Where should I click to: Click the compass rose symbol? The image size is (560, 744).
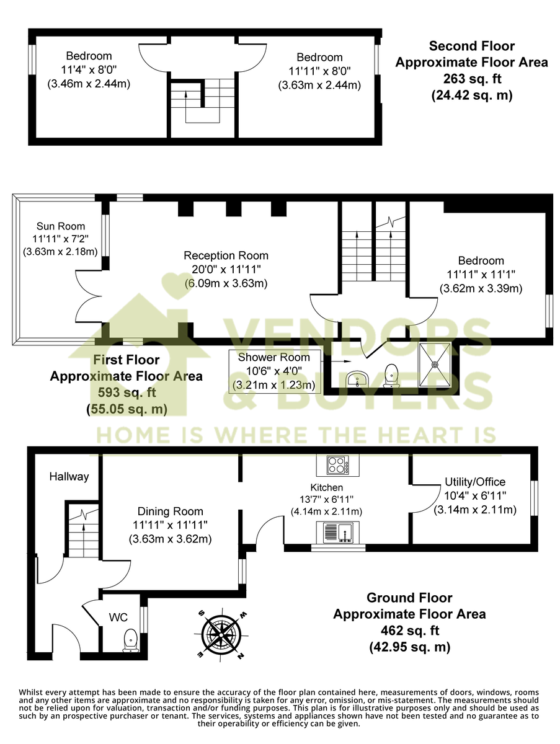click(223, 633)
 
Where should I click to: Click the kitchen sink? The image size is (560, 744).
click(337, 533)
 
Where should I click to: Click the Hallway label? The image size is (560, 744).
click(69, 477)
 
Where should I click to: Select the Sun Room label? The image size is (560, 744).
click(60, 226)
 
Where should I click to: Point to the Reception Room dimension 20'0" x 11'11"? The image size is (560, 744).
click(226, 270)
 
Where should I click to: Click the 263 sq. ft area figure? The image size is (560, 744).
click(471, 79)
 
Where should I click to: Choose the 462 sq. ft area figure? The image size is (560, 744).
click(409, 631)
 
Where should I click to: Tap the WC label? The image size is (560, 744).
click(118, 618)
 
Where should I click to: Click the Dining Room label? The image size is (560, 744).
click(170, 511)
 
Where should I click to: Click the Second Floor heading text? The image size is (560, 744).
click(471, 46)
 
